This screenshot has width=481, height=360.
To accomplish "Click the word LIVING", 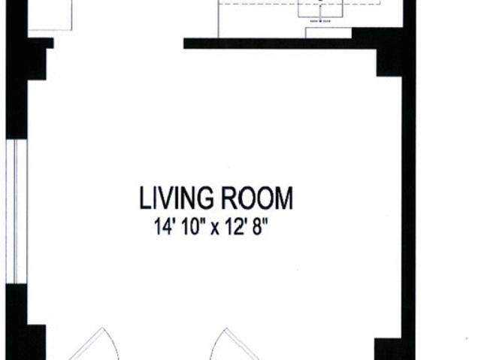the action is click(x=176, y=198).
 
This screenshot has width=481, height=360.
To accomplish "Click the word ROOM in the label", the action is click(x=257, y=198).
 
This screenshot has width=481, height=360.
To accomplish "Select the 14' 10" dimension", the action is click(x=180, y=226).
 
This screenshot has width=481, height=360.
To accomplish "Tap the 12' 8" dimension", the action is click(x=247, y=226).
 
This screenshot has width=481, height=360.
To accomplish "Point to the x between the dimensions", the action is click(x=215, y=228).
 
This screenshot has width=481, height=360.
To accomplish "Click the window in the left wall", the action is click(x=17, y=212).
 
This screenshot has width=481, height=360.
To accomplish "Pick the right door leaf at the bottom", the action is click(x=242, y=344).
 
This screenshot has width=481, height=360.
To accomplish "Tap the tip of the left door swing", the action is click(x=102, y=328).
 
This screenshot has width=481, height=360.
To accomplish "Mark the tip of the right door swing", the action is click(x=226, y=328).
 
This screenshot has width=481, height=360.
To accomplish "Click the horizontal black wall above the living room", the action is click(x=280, y=44).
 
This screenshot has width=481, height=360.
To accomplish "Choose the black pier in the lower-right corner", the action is click(x=388, y=349).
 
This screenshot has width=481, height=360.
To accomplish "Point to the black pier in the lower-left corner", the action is click(x=36, y=342).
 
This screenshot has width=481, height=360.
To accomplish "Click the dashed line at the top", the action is click(x=300, y=4).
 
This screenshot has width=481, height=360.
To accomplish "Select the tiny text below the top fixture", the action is click(x=321, y=21).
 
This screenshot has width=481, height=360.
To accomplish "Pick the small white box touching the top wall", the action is click(x=328, y=33).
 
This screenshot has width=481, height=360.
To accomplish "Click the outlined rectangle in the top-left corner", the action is click(x=50, y=15).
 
